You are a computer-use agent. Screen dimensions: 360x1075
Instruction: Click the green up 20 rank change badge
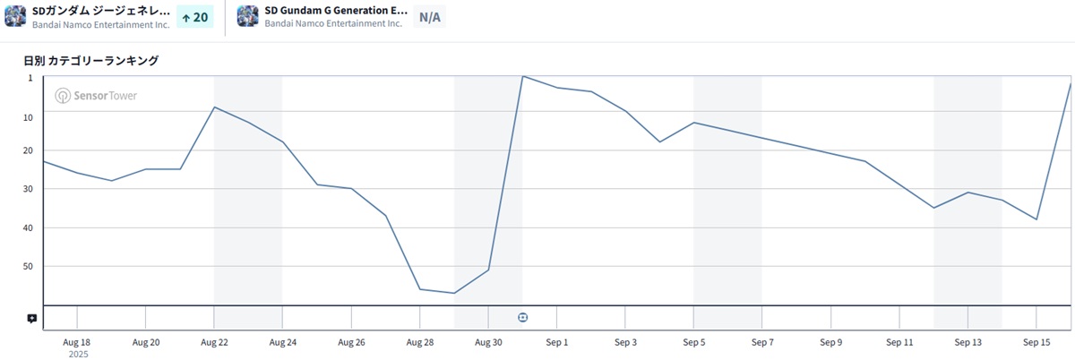(x=195, y=17)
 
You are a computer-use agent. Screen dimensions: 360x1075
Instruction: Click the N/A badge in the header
(x=430, y=17)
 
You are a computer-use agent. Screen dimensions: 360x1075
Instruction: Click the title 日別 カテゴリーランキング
(x=91, y=61)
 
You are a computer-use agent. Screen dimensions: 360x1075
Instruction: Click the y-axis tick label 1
(x=30, y=78)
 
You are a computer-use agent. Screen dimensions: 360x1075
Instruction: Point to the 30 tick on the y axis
(x=27, y=189)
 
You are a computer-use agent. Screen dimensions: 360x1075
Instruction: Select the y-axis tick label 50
(x=27, y=266)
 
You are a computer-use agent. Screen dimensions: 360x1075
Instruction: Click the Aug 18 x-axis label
(x=77, y=342)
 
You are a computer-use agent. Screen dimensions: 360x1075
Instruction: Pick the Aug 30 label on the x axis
(x=488, y=342)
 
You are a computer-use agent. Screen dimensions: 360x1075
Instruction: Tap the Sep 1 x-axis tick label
(x=557, y=342)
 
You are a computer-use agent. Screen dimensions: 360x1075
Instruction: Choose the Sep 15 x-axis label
(x=1036, y=342)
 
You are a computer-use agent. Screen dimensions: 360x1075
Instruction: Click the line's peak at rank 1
(x=523, y=76)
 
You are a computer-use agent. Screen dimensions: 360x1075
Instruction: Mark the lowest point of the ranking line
(x=454, y=293)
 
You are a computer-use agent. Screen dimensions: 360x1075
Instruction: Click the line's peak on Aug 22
(x=214, y=107)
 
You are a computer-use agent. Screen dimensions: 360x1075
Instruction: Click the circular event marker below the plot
(x=523, y=317)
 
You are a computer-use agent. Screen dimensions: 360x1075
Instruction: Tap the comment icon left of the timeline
(x=32, y=318)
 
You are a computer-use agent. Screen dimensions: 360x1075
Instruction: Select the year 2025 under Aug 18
(x=77, y=354)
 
